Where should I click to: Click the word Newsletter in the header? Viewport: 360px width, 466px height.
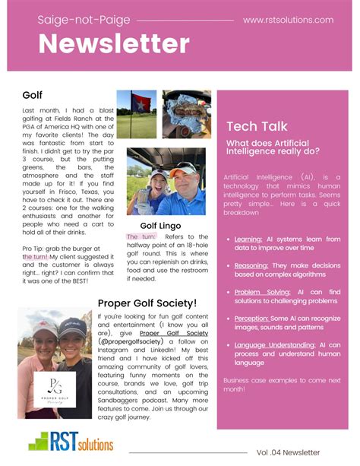[x=114, y=43]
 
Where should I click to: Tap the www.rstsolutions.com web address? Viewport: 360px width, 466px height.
[x=288, y=20]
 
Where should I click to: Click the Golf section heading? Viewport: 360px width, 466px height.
[x=33, y=95]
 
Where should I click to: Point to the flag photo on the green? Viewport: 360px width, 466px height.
[x=136, y=114]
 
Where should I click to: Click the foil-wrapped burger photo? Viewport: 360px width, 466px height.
[x=187, y=114]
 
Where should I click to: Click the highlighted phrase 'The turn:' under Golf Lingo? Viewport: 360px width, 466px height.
[x=142, y=237]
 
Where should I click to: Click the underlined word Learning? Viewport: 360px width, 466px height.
[x=248, y=239]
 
